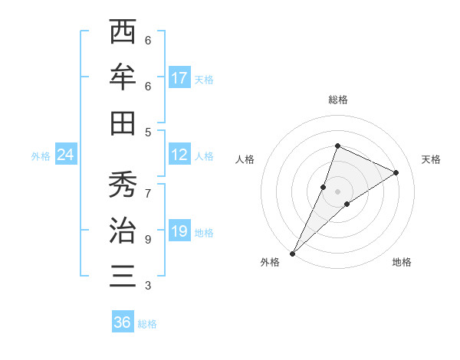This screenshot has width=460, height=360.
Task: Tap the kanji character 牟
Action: pos(123,77)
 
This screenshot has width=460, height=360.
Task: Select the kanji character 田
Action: pos(123,123)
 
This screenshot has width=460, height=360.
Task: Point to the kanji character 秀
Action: pos(123,184)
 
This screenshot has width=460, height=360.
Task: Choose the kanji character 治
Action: pos(123,230)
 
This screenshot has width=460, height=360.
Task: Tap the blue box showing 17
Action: pos(179,78)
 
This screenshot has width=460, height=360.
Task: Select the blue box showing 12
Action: pos(179,155)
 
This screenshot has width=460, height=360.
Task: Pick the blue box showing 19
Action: pos(179,231)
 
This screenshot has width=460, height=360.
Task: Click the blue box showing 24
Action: pos(66,155)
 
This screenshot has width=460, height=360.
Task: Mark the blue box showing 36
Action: pos(123,322)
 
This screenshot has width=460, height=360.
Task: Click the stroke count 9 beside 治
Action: pos(148,240)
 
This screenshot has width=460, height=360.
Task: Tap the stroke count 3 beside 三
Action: pos(148,286)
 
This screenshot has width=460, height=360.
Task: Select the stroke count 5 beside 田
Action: pos(148,132)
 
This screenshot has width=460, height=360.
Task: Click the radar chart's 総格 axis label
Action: pos(337,100)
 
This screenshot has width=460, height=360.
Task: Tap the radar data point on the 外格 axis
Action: pos(293,253)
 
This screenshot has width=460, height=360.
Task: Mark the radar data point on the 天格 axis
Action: pos(396,172)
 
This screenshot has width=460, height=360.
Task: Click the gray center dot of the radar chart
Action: pos(337,191)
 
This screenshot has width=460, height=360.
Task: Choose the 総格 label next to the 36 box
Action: pos(148,324)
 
